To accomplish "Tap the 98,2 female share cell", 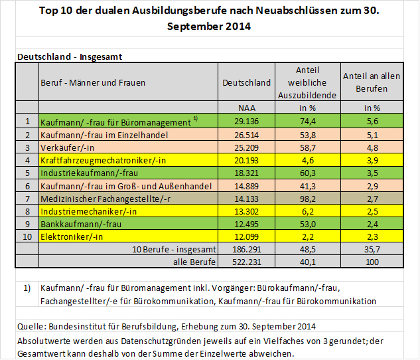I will pyautogui.click(x=307, y=197).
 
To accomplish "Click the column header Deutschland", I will pyautogui.click(x=246, y=83).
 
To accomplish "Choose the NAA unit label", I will pyautogui.click(x=247, y=108).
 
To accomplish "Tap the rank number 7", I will pyautogui.click(x=27, y=197).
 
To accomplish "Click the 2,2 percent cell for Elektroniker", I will pyautogui.click(x=307, y=236).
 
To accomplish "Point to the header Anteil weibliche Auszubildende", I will pyautogui.click(x=307, y=82).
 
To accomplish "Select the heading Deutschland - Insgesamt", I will pyautogui.click(x=69, y=57).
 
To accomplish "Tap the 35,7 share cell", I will pyautogui.click(x=372, y=249).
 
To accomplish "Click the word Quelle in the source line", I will pyautogui.click(x=29, y=326).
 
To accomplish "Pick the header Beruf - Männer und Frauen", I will pyautogui.click(x=93, y=83).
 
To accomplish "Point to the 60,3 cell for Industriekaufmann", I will pyautogui.click(x=307, y=172).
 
